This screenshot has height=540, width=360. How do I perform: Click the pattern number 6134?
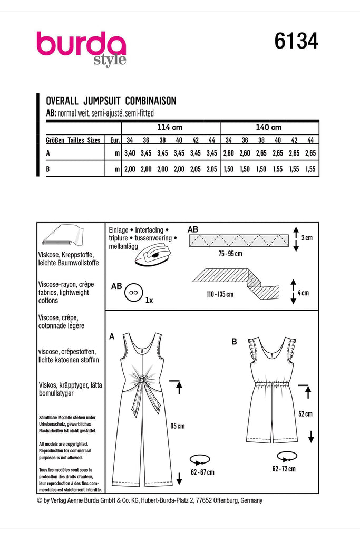tap(296, 41)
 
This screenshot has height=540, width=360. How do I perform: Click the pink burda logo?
tap(81, 46)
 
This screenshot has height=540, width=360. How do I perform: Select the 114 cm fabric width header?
tap(170, 128)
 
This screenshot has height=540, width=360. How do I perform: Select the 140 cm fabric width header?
tap(269, 128)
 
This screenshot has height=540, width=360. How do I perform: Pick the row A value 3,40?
tap(130, 153)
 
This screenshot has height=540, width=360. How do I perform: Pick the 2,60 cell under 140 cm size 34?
tap(228, 153)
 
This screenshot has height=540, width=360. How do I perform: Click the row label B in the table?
tap(49, 169)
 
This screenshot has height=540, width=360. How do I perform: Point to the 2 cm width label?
tap(307, 238)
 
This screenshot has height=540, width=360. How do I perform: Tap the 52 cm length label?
tap(305, 414)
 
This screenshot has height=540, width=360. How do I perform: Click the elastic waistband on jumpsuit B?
tap(271, 385)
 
